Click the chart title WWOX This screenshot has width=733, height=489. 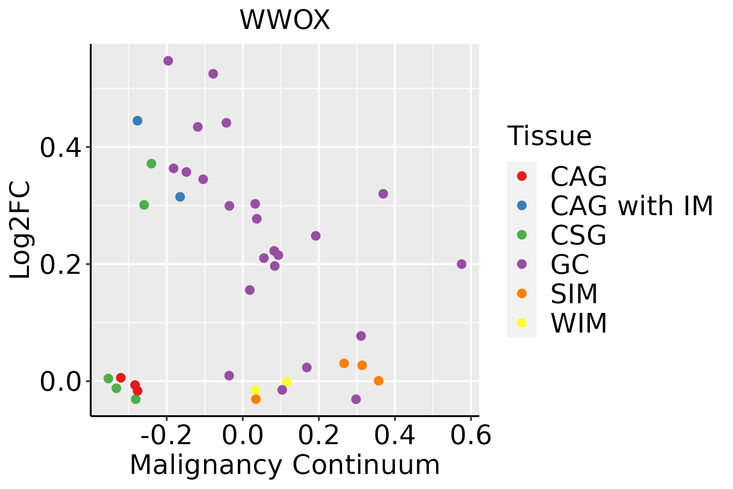285,20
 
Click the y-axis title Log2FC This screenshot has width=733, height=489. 20,230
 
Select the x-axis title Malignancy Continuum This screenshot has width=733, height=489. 285,465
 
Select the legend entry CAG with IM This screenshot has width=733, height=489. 632,206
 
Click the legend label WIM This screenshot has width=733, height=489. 579,324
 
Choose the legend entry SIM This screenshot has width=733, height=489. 574,294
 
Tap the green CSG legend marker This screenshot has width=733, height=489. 522,235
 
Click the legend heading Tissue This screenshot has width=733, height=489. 549,136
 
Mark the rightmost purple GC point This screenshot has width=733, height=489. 461,264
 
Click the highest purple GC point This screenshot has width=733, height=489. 168,61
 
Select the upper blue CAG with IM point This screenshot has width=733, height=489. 137,121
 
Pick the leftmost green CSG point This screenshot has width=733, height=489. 108,379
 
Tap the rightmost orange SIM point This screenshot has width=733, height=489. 379,381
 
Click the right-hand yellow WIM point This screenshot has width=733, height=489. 287,382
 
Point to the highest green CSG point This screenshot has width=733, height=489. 151,164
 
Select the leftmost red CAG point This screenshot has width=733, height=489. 121,378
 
